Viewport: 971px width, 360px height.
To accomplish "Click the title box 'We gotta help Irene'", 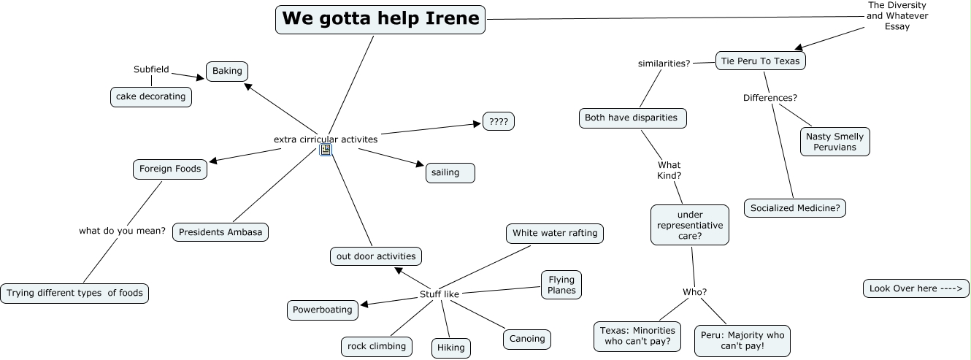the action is click(380, 20).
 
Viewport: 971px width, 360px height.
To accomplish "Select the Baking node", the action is click(227, 71).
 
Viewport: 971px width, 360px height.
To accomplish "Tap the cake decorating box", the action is click(151, 96).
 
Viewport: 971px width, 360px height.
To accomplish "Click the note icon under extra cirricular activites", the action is click(326, 150).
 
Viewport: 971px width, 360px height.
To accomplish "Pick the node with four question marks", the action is click(499, 121).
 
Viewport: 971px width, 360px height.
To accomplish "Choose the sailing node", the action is click(450, 172).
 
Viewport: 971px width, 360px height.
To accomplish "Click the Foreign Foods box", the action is click(170, 169).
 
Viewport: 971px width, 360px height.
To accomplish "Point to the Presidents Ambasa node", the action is click(220, 232).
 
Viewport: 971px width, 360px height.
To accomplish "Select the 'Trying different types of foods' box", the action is click(74, 294).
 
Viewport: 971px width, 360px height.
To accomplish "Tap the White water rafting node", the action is click(555, 234).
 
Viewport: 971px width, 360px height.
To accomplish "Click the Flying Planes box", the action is click(561, 285).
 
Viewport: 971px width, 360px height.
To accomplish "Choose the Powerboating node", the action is click(323, 310).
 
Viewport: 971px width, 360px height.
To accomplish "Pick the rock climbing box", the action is click(377, 347).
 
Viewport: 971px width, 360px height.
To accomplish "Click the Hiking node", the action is click(451, 348).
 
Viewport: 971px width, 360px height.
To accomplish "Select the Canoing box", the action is click(527, 339).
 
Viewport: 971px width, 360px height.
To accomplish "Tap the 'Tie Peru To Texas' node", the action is click(760, 61).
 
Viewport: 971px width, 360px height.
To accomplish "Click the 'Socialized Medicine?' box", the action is click(795, 208).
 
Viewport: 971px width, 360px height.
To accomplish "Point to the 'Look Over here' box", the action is click(916, 289).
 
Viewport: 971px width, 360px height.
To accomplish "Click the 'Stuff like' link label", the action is click(439, 294).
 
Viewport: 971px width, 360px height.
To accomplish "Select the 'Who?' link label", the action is click(695, 292).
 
